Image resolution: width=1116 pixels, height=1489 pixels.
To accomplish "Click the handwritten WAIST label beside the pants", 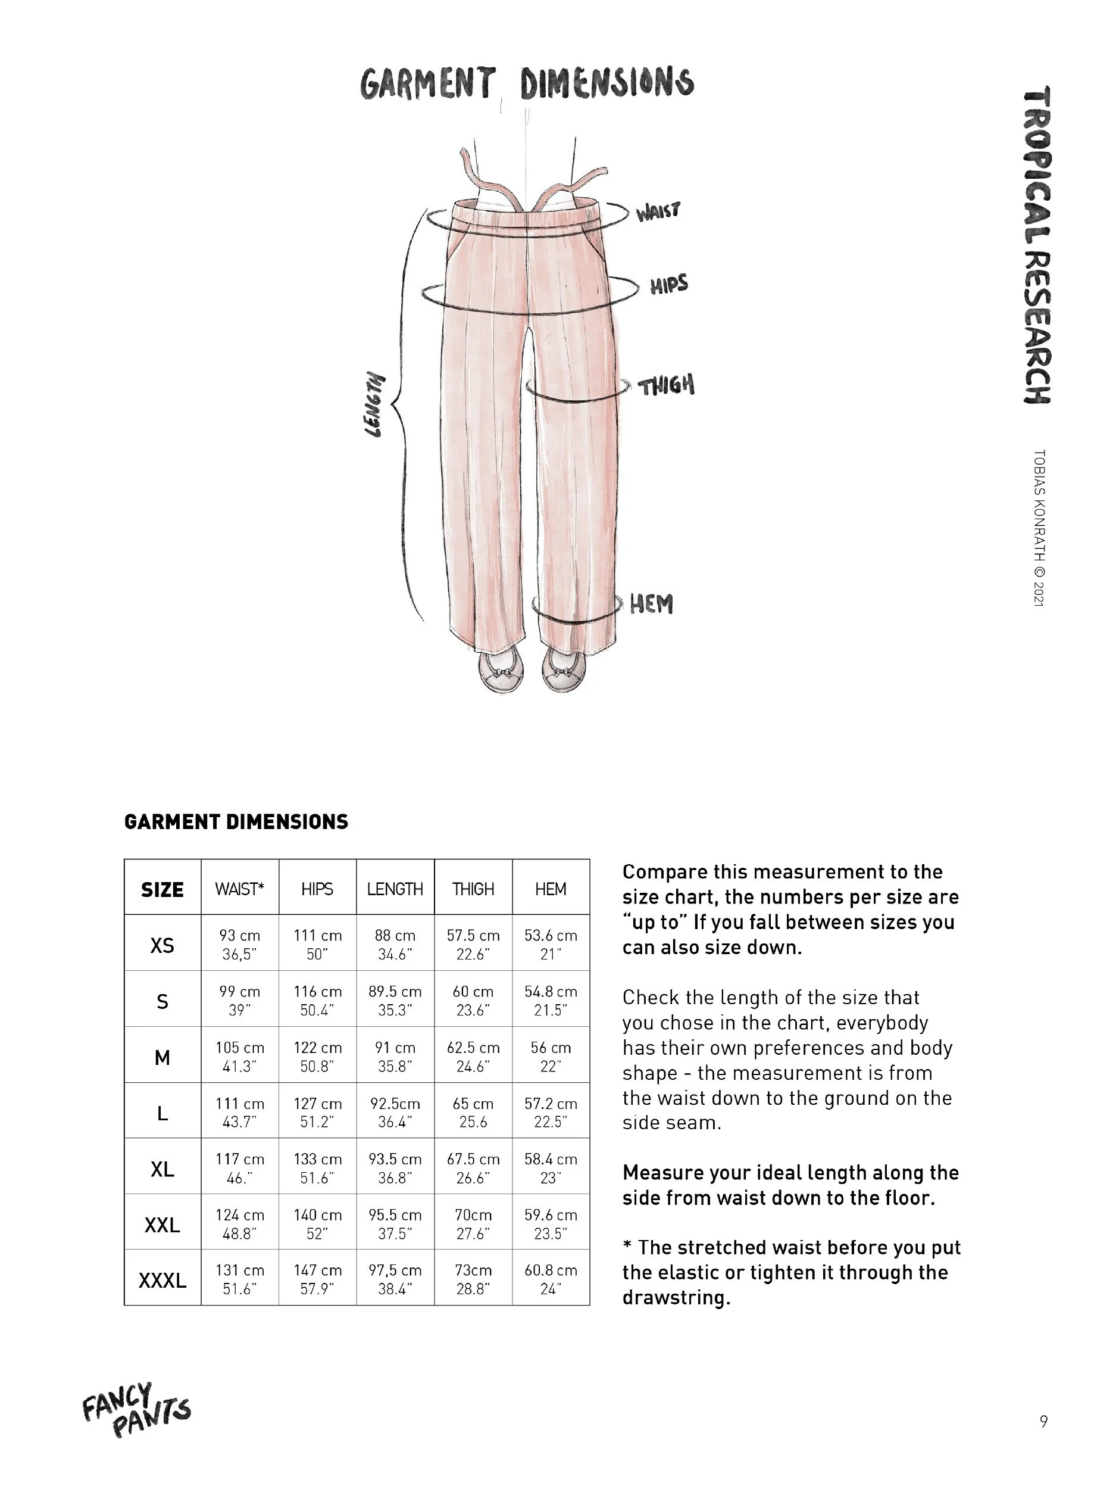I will tap(657, 211).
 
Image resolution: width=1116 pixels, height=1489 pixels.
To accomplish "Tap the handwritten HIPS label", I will tap(668, 285).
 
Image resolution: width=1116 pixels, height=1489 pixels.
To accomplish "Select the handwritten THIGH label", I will tap(665, 386).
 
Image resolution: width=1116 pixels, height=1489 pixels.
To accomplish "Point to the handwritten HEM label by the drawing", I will tap(651, 604).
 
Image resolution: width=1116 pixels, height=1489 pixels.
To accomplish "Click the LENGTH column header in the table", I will tap(395, 889).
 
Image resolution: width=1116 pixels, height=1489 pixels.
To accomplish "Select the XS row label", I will tap(162, 946).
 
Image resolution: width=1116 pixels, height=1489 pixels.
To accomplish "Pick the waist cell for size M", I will tap(239, 1057).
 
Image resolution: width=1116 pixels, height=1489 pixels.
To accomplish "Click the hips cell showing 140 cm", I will tap(317, 1224).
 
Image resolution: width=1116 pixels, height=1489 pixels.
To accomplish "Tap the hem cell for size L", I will tap(551, 1113).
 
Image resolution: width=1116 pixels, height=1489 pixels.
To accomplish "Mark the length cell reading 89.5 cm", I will tap(395, 1000).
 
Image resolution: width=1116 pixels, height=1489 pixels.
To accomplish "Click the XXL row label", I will tap(162, 1225).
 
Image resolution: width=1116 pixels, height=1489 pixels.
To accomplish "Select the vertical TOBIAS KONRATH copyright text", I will tap(1038, 528).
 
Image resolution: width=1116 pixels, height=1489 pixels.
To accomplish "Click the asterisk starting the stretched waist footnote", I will tap(627, 1247).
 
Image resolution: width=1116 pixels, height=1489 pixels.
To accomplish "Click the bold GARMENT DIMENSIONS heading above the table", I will tap(236, 822).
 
